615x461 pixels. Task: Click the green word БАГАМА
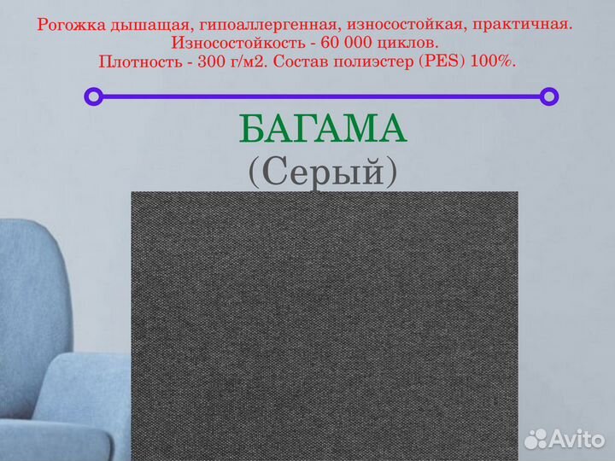pyautogui.click(x=323, y=130)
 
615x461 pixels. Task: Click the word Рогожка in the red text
pyautogui.click(x=71, y=26)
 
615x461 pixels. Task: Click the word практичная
pyautogui.click(x=524, y=26)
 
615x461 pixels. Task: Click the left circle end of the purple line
pyautogui.click(x=93, y=96)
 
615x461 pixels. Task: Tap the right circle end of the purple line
pyautogui.click(x=550, y=96)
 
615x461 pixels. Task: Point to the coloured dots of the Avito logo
pyautogui.click(x=536, y=439)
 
